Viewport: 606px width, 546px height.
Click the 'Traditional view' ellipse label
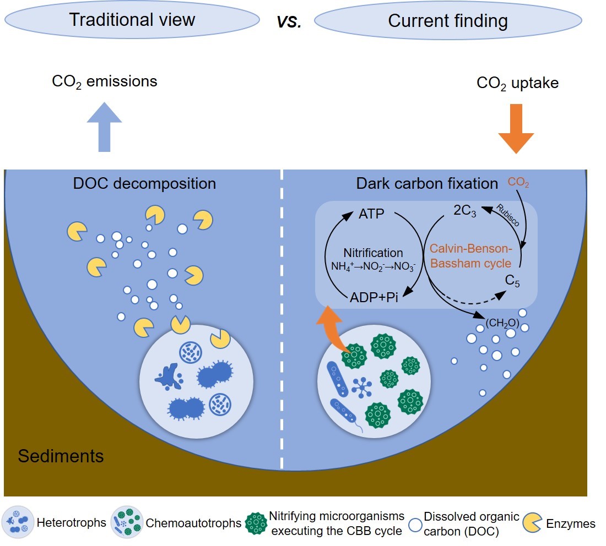132,20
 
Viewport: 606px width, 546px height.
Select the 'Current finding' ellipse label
447,21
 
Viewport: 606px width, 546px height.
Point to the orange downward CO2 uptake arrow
516,132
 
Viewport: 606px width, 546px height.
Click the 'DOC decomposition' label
144,183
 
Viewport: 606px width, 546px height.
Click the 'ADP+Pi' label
374,298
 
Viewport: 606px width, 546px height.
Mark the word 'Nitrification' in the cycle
373,253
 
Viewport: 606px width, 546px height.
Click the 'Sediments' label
61,456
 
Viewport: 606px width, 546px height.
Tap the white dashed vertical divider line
282,319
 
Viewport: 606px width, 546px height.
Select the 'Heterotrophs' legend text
71,523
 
